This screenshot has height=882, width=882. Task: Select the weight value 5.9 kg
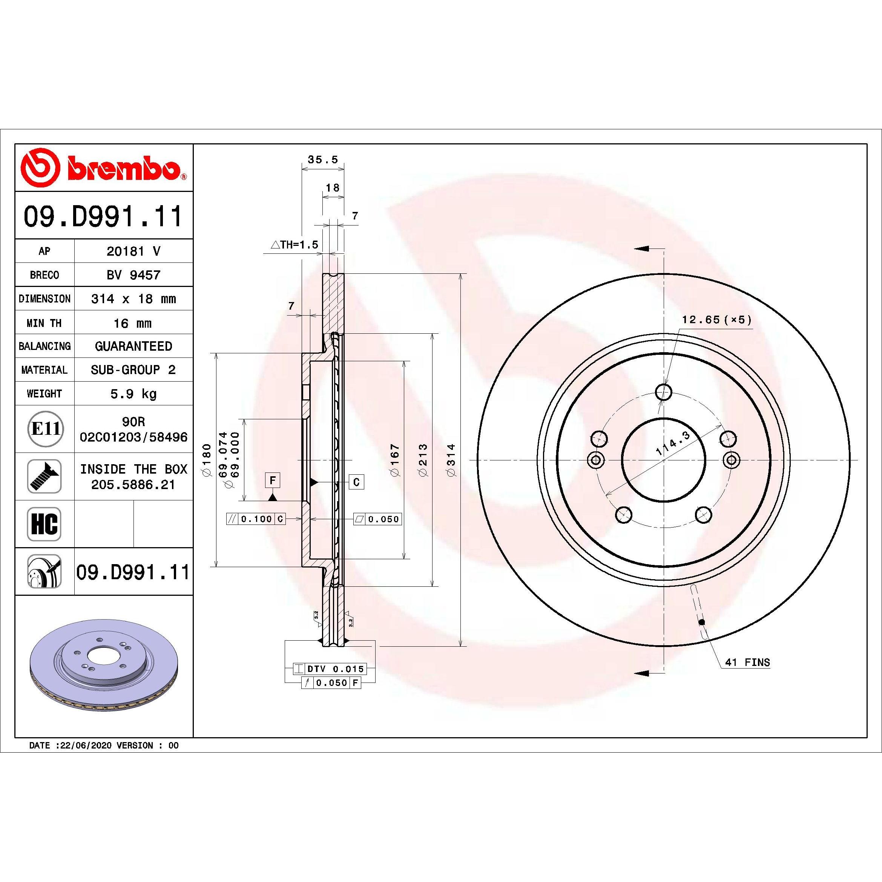coord(133,394)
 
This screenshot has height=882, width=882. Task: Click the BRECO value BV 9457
coord(133,275)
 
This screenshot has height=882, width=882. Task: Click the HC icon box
coord(44,524)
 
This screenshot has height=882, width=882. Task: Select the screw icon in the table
coord(44,476)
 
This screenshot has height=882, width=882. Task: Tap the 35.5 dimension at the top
coord(323,160)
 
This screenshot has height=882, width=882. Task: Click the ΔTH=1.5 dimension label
coord(295,245)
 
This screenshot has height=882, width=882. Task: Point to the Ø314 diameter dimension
coord(451,460)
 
